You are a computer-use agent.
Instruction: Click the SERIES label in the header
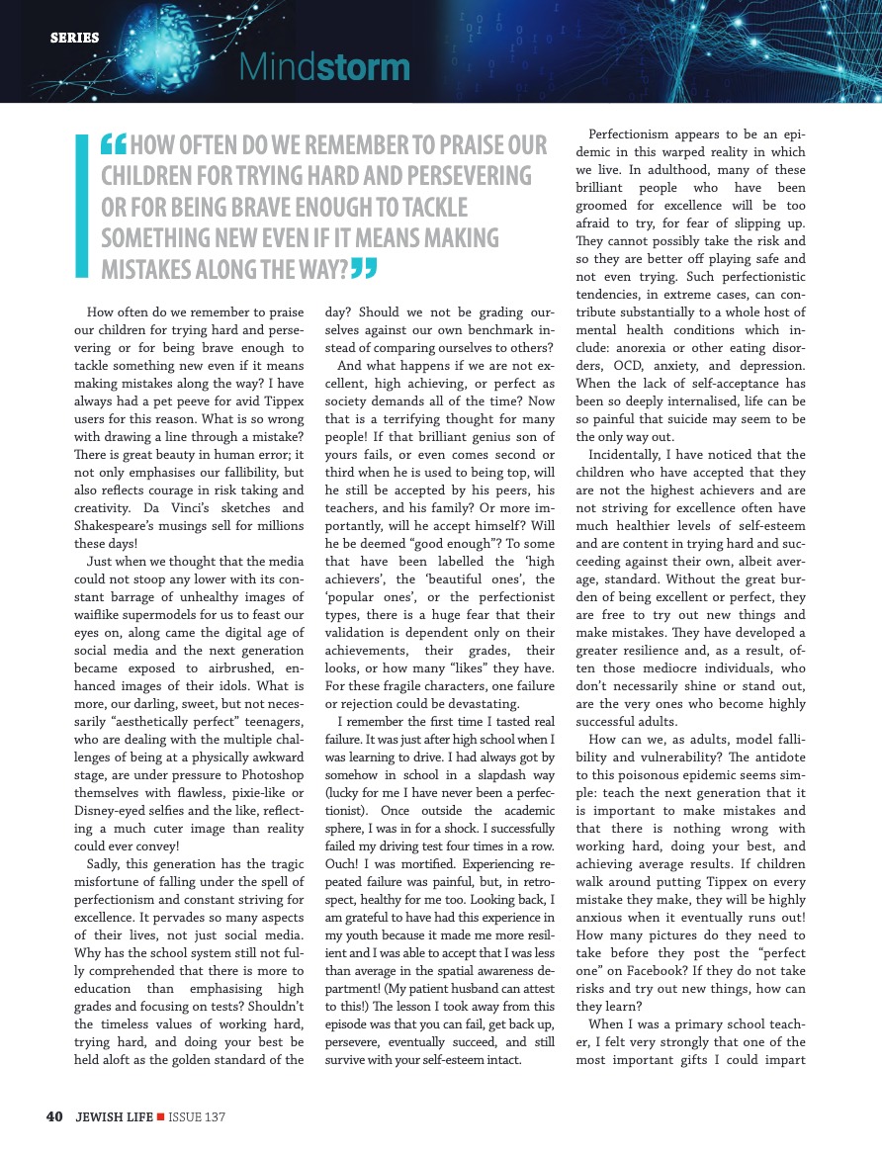75,38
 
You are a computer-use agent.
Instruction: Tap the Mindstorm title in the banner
324,67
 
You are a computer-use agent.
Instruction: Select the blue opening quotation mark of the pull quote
115,145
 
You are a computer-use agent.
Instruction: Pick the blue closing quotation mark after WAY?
365,268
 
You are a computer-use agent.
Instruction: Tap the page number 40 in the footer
55,1116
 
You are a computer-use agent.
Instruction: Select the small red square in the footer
160,1116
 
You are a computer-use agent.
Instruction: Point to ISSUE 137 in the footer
198,1116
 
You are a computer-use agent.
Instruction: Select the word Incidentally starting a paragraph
630,454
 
